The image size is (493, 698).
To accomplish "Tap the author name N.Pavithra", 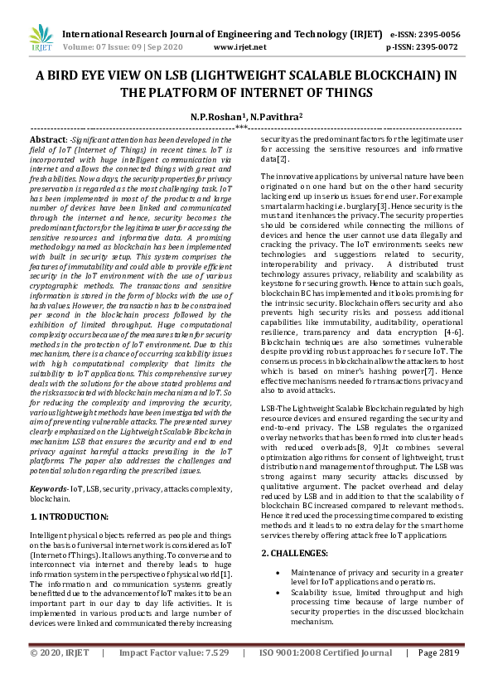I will (x=278, y=117).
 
